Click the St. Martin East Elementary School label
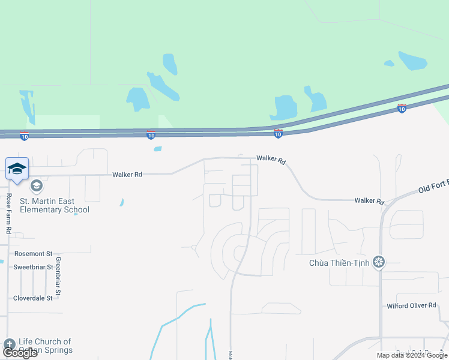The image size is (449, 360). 55,205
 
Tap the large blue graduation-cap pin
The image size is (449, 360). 17,169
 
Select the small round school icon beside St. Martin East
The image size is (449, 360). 37,186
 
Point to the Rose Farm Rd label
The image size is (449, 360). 8,213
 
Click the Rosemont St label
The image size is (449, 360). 34,254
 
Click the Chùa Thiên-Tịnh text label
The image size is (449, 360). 339,262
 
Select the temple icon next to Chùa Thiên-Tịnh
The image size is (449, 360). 378,262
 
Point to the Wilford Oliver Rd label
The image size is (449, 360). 411,305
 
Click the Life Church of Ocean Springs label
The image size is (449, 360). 46,346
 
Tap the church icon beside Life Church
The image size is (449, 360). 8,344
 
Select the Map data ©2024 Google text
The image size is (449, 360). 412,355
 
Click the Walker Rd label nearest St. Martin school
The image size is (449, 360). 127,175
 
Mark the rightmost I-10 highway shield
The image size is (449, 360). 402,109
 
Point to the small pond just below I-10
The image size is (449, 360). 157,149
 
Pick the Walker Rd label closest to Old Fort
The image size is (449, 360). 369,201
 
